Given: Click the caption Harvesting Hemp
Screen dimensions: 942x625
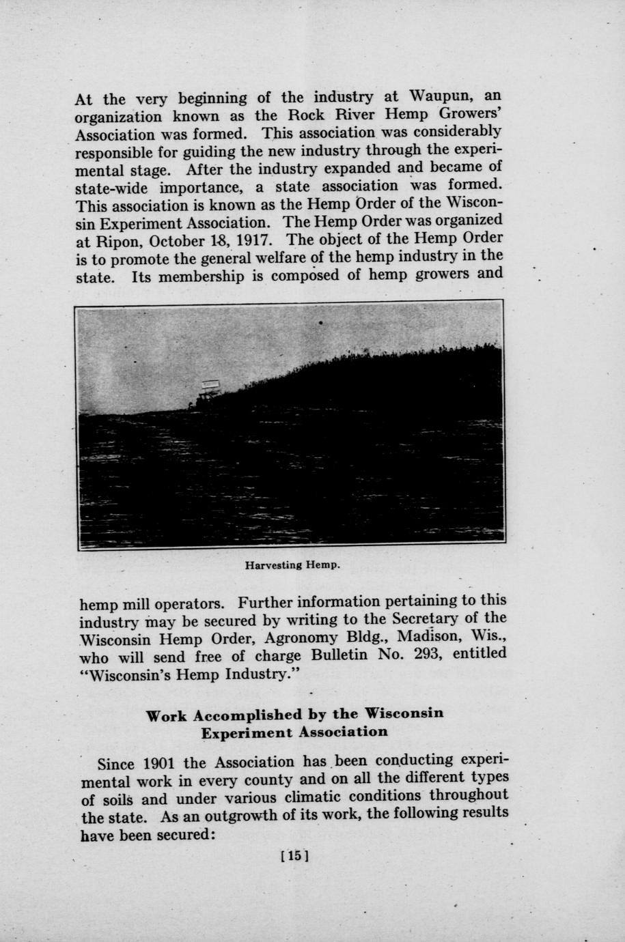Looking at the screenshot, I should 292,565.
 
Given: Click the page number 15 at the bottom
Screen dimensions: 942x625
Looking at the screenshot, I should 294,855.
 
